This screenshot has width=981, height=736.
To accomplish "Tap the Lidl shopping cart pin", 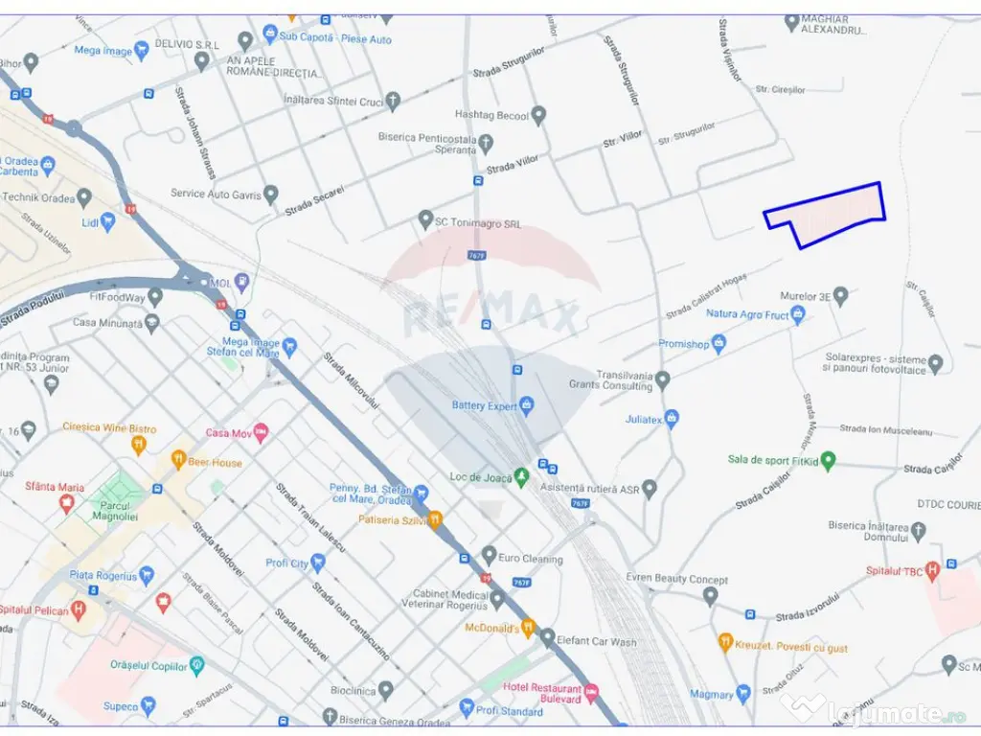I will coord(107,222).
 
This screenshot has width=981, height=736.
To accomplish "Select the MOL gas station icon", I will coord(242,282).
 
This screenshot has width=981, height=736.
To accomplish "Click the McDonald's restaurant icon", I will coord(528,628).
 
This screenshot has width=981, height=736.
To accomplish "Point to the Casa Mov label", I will coord(228,433).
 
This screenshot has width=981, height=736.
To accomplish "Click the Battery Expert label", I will coord(484,406).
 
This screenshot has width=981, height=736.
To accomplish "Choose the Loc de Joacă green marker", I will coord(521,476).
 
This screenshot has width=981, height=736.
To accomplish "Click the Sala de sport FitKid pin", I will coord(829,460).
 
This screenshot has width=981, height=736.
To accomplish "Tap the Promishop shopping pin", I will coord(719,343).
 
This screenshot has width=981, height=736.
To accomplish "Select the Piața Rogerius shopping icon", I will coord(147,575).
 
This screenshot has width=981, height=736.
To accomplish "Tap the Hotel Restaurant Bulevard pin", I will coord(591,691).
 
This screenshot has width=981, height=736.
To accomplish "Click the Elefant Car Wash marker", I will coord(547,637).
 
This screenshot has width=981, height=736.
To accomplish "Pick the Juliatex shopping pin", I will coord(672,419).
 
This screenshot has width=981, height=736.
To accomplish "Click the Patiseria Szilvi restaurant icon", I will coord(435,519).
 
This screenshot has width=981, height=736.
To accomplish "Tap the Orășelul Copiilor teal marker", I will coord(197,665).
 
